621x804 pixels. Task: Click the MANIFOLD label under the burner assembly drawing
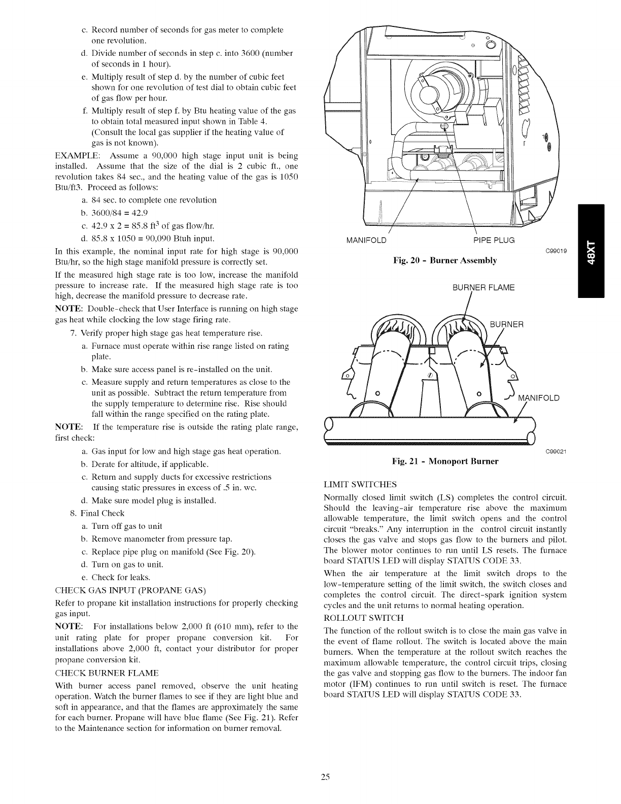click(365, 240)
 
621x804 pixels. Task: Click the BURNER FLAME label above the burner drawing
click(483, 288)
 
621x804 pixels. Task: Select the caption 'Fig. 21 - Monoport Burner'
click(445, 461)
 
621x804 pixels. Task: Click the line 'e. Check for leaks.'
click(116, 577)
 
